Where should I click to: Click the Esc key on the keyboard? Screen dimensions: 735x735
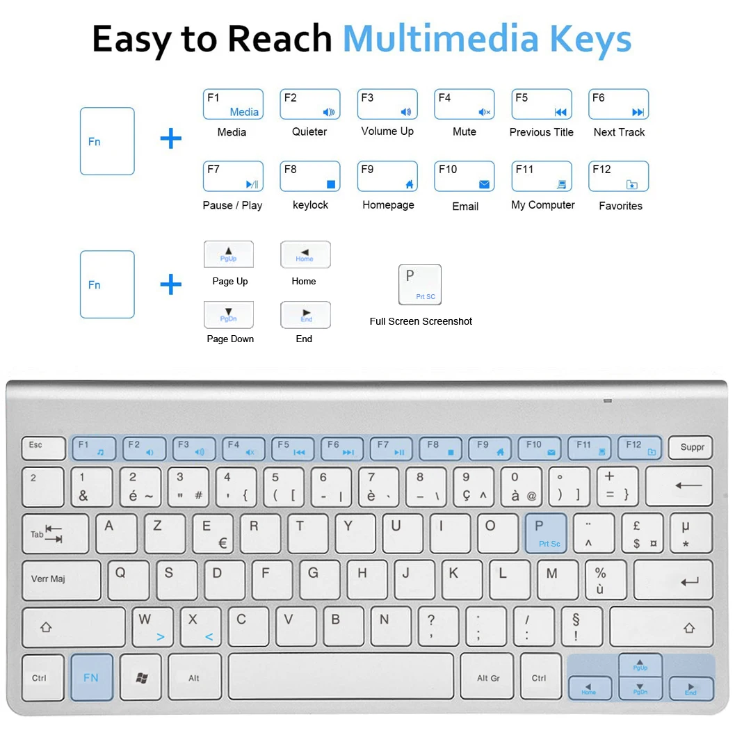coord(43,447)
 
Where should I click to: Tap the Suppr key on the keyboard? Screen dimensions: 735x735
coord(690,447)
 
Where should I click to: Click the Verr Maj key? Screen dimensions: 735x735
coord(61,580)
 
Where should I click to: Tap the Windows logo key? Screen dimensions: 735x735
coord(141,677)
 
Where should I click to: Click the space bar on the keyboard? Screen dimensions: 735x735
coord(341,677)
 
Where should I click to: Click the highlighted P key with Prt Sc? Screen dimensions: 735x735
coord(546,533)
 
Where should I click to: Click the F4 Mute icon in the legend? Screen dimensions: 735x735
coord(464,104)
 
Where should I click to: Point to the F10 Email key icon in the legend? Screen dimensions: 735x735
coord(464,177)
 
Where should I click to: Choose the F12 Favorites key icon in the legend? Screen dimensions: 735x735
coord(618,177)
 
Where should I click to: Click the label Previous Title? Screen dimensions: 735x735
coord(541,132)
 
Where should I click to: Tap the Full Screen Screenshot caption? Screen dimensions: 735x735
coord(421,321)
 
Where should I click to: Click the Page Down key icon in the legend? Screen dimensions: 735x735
coord(228,315)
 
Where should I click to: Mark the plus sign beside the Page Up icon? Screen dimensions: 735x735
coord(170,284)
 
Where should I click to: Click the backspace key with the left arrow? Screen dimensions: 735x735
coord(678,486)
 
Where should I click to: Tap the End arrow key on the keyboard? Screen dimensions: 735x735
coord(690,688)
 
